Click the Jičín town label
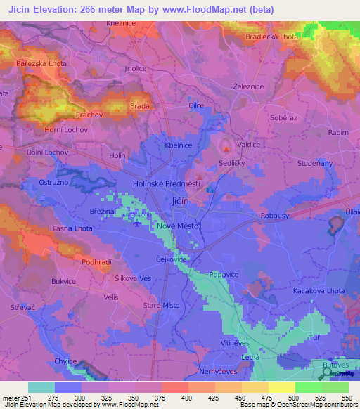179,202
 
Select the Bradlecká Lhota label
270,37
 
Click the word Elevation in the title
66,9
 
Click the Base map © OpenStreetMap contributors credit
297,405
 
